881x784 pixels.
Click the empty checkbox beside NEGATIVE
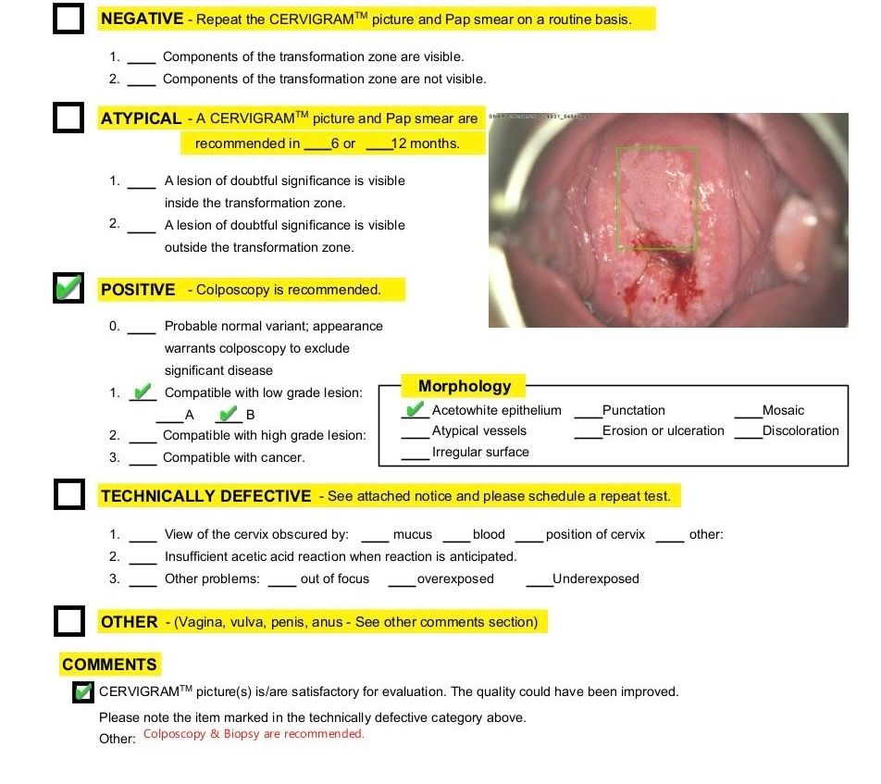coord(68,19)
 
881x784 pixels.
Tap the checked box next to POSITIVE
coord(68,289)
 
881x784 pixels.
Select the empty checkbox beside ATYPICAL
coord(68,118)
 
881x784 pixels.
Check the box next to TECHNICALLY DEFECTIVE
coord(68,495)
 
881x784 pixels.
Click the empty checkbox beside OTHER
coord(68,621)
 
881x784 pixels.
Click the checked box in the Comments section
coord(83,691)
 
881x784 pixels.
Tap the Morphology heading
coord(465,386)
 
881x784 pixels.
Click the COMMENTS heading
coord(109,665)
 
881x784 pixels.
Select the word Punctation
coord(633,410)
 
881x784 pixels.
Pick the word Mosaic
coord(783,410)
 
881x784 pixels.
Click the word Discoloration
coord(800,430)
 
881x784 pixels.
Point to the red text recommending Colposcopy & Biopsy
coord(254,734)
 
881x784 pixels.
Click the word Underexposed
coord(595,579)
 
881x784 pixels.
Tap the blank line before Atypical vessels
coord(415,434)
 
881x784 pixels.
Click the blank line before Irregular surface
coord(415,455)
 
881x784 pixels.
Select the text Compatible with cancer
coord(233,457)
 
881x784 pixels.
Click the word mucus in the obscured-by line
coord(413,534)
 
